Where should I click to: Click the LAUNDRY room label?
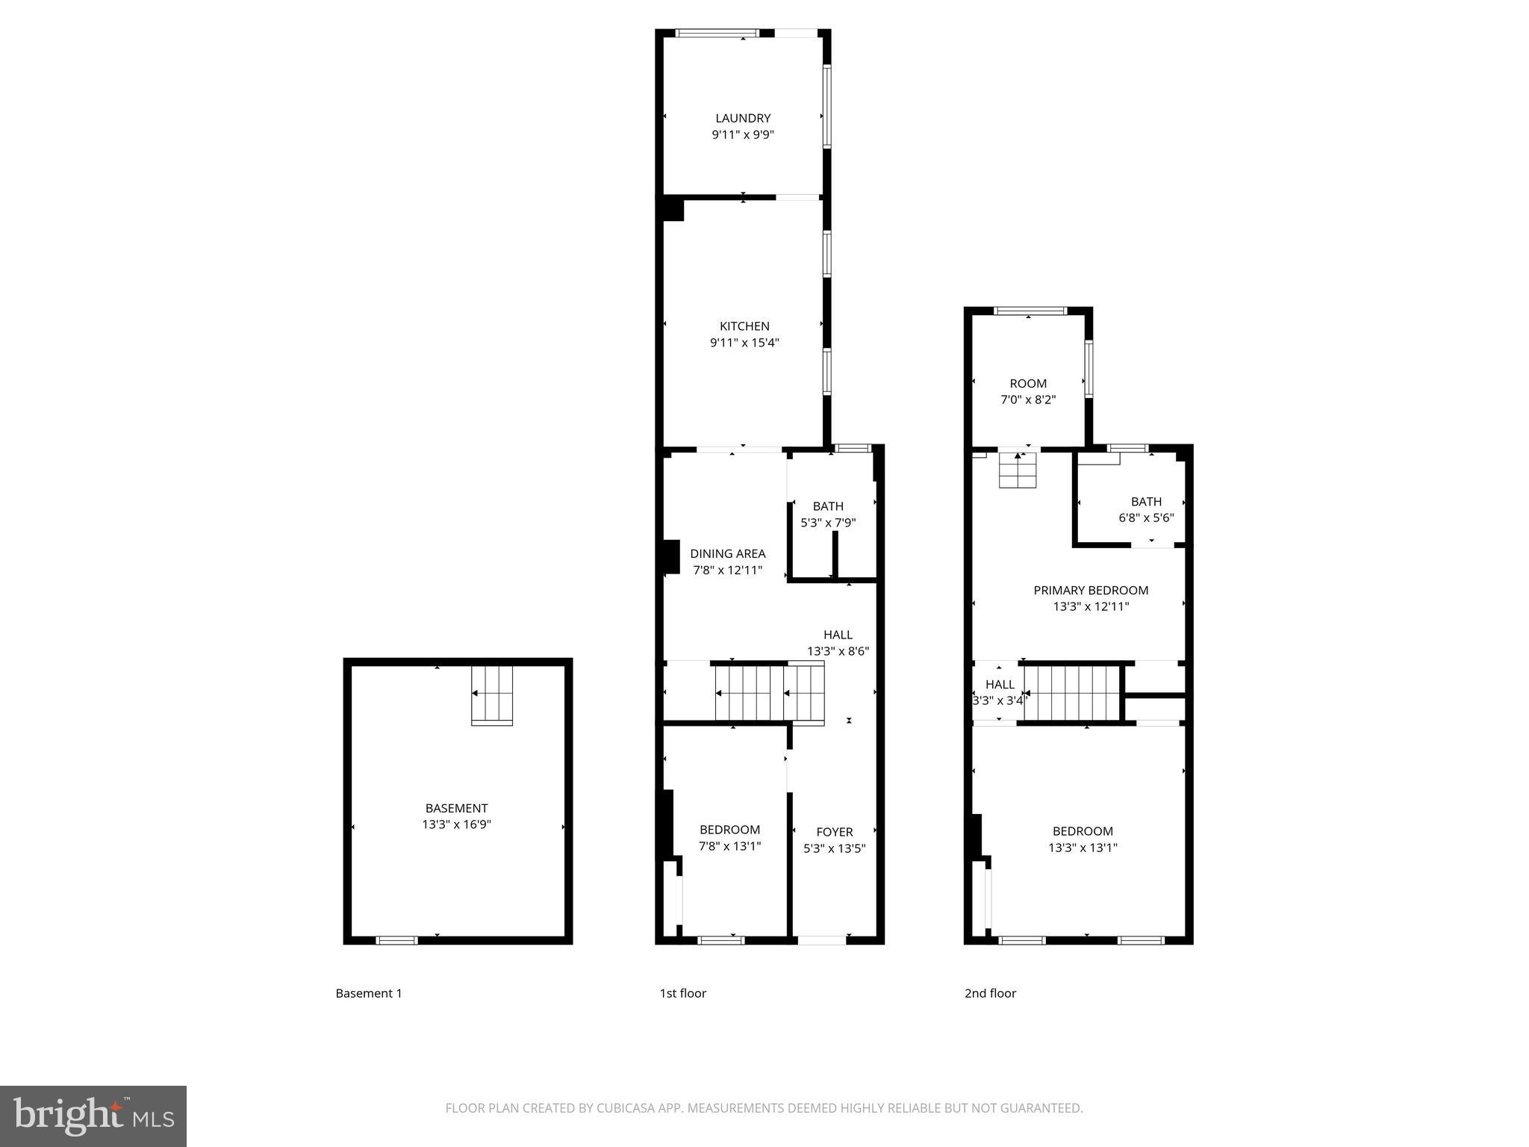[743, 118]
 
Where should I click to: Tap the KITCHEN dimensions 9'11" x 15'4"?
[744, 343]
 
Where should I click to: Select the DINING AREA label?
[727, 553]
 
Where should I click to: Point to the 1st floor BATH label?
[828, 506]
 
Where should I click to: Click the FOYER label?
[834, 832]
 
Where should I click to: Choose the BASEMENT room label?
[456, 808]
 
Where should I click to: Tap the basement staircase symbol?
[492, 694]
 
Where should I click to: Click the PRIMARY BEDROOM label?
[1091, 591]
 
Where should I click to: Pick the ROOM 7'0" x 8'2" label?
[1028, 391]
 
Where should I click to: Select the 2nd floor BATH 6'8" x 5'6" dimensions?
[1146, 517]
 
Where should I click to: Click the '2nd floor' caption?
[990, 993]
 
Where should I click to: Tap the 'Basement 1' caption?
[369, 993]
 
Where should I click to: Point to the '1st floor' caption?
[682, 993]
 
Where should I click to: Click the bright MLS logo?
[93, 1116]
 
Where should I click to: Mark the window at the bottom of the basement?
[396, 940]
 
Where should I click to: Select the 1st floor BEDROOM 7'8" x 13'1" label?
[729, 838]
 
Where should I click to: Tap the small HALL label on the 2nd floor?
[1000, 685]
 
